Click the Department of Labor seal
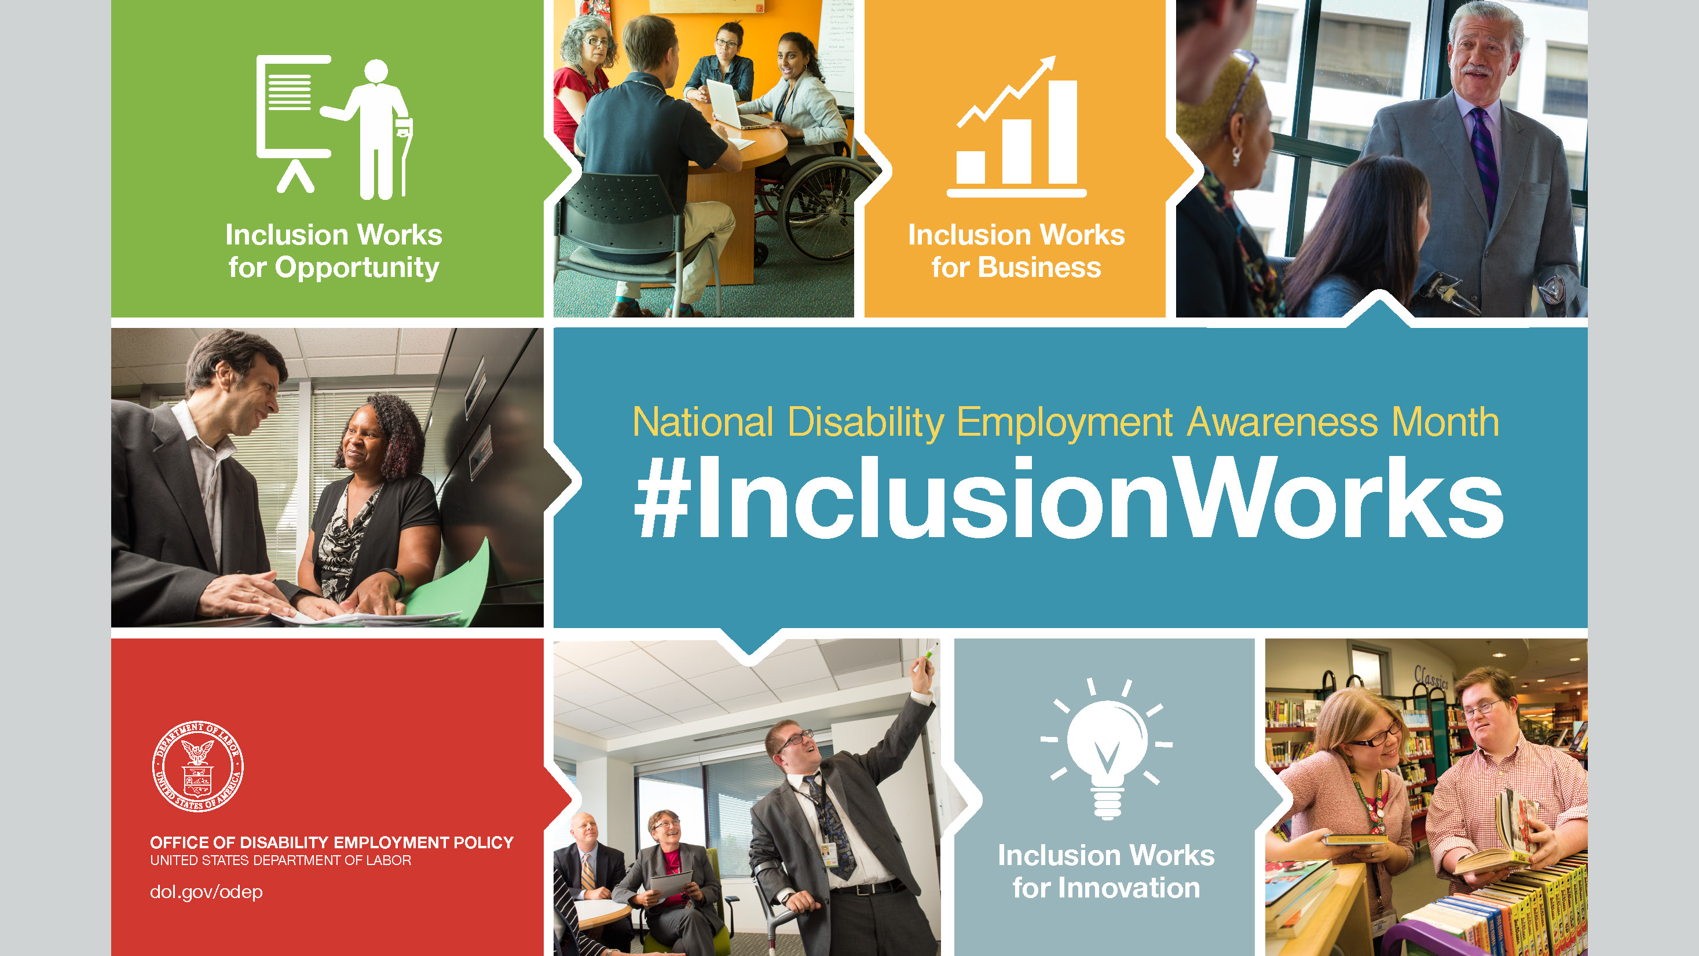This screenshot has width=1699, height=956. (x=198, y=766)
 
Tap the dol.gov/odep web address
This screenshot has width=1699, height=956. (x=206, y=892)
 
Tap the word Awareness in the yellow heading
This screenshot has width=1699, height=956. (x=1282, y=422)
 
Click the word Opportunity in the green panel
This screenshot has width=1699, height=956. (x=357, y=268)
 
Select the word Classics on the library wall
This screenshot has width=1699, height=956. (x=1432, y=677)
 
